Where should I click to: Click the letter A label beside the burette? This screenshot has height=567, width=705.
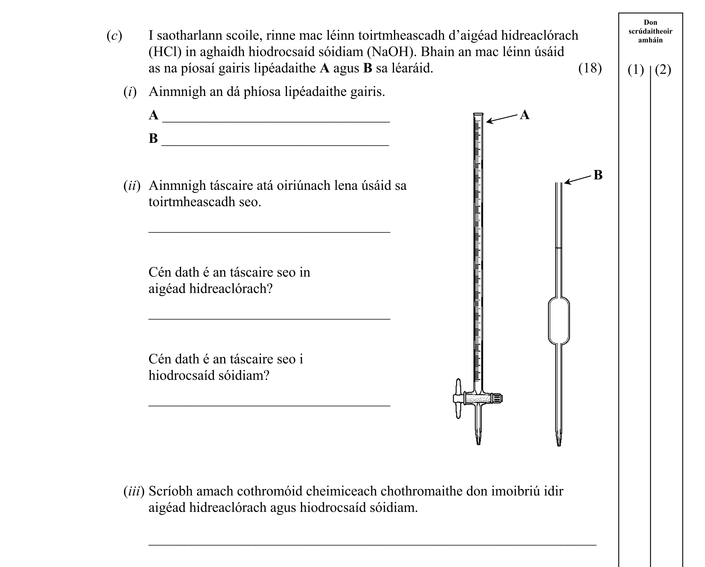click(524, 115)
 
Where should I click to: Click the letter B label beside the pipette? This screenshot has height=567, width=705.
click(598, 175)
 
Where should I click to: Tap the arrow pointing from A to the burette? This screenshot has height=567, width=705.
click(502, 119)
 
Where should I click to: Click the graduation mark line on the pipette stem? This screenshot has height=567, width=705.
click(559, 248)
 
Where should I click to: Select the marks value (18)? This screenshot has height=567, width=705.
click(590, 69)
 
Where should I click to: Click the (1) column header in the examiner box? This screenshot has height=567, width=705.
click(636, 70)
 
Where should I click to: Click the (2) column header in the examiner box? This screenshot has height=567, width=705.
click(663, 70)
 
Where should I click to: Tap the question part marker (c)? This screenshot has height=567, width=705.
click(114, 36)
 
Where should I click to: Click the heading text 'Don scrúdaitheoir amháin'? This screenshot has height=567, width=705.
click(650, 31)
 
